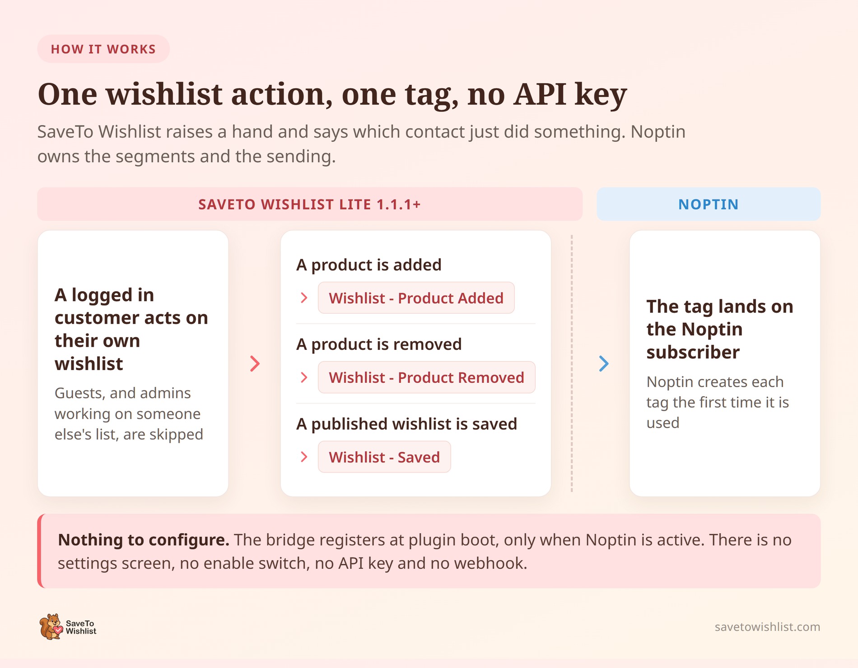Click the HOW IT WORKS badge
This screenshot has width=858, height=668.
[x=103, y=49]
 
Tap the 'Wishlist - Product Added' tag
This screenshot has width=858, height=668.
[x=416, y=298]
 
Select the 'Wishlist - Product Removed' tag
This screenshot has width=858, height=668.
[x=426, y=377]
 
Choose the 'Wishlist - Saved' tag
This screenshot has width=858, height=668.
[x=384, y=457]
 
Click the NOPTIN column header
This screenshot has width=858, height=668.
[x=709, y=204]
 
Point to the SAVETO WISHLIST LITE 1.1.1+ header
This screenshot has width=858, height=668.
[x=310, y=204]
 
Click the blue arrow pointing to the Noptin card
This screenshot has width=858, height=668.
[x=604, y=363]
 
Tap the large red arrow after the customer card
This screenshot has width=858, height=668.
[x=255, y=363]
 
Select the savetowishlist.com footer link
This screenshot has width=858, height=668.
[x=767, y=626]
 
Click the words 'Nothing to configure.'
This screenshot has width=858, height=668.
[x=144, y=540]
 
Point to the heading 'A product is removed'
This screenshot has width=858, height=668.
[x=379, y=344]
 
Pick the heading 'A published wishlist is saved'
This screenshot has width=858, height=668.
[x=406, y=424]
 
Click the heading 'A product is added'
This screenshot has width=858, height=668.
[x=369, y=265]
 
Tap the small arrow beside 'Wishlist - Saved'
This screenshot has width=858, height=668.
[x=304, y=457]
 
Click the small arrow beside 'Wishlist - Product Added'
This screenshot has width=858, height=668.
[x=304, y=298]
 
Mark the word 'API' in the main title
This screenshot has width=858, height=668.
[x=540, y=94]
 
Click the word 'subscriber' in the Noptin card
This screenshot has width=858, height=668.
[x=693, y=352]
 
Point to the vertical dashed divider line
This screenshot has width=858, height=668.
[x=572, y=363]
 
